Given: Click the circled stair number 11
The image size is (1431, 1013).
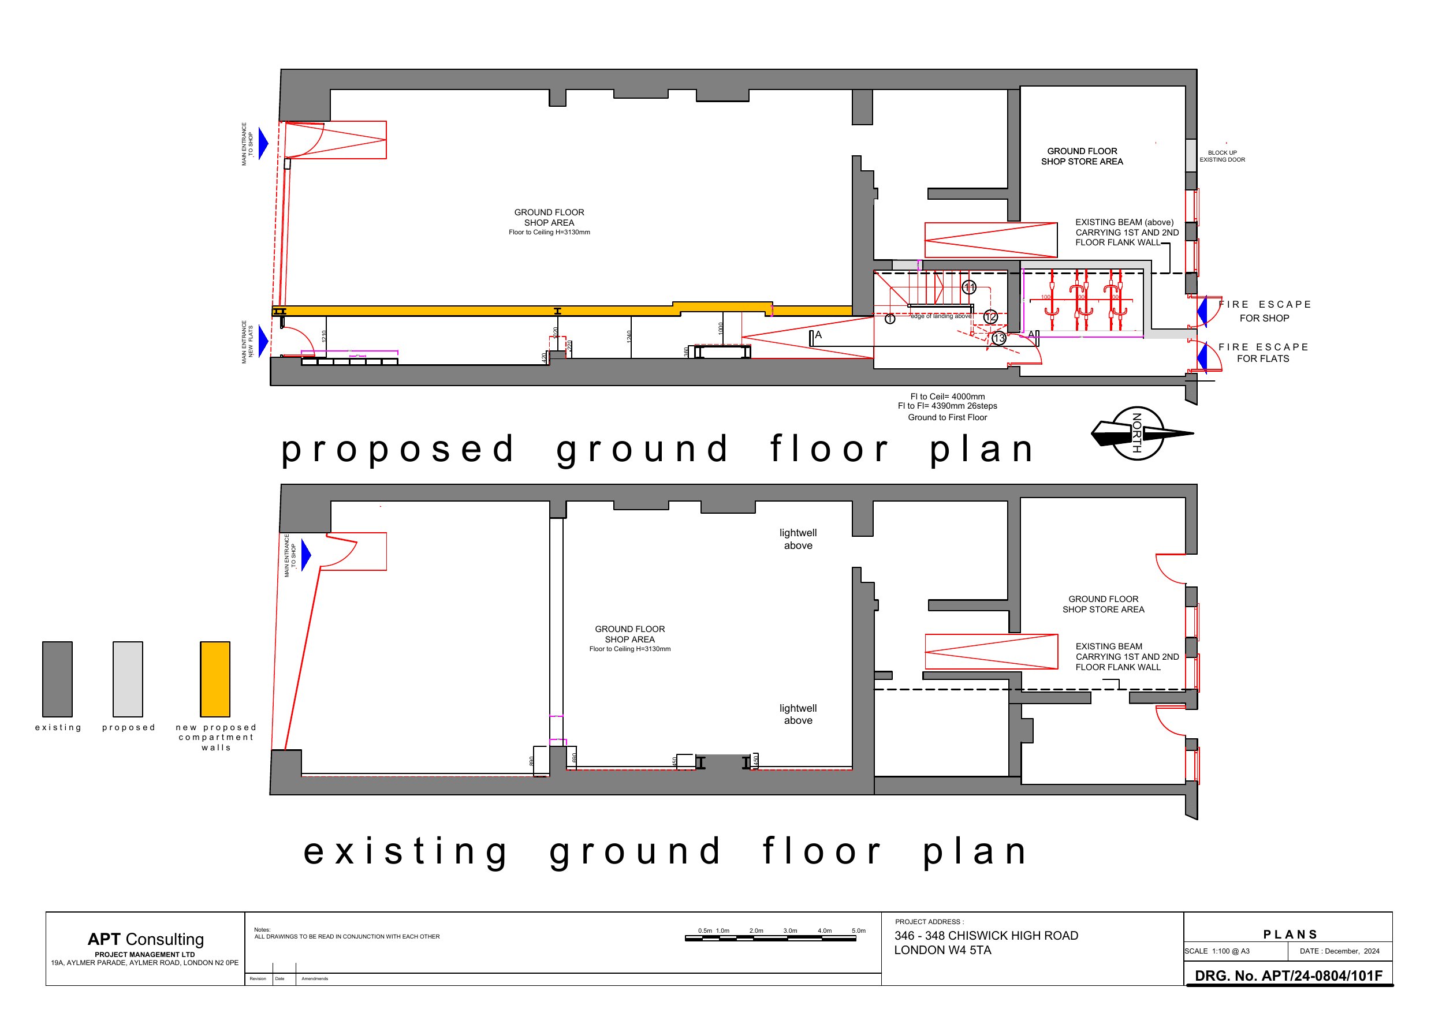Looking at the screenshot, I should tap(968, 287).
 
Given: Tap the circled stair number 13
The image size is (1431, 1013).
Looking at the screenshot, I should tap(999, 339).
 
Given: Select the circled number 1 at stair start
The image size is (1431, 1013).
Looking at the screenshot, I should tap(890, 319).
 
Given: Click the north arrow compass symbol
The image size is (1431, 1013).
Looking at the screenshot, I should tap(1138, 433).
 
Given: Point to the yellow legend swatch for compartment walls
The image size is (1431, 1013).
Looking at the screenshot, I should tap(215, 679).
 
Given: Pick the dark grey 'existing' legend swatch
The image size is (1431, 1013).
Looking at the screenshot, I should tap(57, 679).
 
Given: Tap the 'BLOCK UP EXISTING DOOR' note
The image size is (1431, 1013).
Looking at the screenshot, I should tap(1221, 156).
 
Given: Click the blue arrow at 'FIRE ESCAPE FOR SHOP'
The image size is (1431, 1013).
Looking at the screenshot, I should tap(1201, 311).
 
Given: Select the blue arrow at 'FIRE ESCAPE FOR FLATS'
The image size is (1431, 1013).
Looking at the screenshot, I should tap(1201, 356).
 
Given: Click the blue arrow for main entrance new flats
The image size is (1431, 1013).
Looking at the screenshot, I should tap(263, 341).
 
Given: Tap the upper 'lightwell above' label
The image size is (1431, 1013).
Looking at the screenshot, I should tap(798, 539).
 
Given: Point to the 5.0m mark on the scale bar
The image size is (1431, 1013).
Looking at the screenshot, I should tap(858, 930).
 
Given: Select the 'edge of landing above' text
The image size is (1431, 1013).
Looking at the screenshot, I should tap(941, 316).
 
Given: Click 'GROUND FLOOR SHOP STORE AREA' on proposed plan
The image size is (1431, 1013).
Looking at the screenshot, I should tap(1082, 156).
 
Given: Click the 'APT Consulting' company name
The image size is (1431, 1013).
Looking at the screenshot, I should tap(146, 939).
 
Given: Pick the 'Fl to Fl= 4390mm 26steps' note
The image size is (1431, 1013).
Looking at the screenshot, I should tap(946, 406).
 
